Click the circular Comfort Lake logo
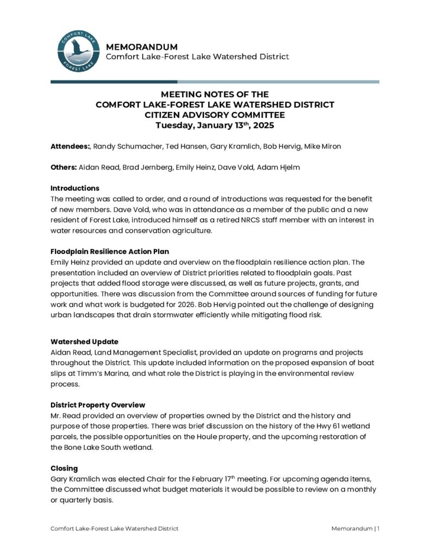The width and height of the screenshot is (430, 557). coord(78,52)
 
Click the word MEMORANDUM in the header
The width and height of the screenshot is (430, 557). coord(141,47)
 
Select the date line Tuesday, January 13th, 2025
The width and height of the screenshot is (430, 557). coord(215,125)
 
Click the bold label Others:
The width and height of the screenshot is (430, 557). coord(64,168)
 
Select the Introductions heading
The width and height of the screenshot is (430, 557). coord(75,188)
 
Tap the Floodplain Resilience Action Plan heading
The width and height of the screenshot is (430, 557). coord(110,251)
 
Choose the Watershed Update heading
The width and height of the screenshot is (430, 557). coord(84,342)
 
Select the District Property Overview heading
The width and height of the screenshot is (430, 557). coord(98,405)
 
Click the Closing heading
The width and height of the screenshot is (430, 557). coord(64,468)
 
